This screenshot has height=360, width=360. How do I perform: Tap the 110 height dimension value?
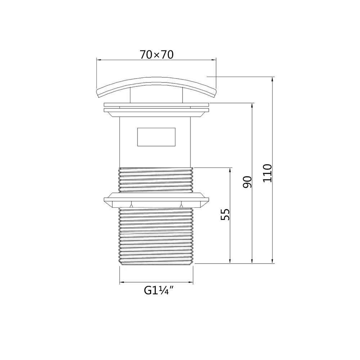pos(267,173)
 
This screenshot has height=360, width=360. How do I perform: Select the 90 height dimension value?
pos(247,182)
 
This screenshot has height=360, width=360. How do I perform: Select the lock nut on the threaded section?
pos(156,201)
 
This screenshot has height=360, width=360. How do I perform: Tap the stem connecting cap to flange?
pos(156,96)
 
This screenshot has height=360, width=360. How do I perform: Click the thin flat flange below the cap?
pos(156,105)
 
